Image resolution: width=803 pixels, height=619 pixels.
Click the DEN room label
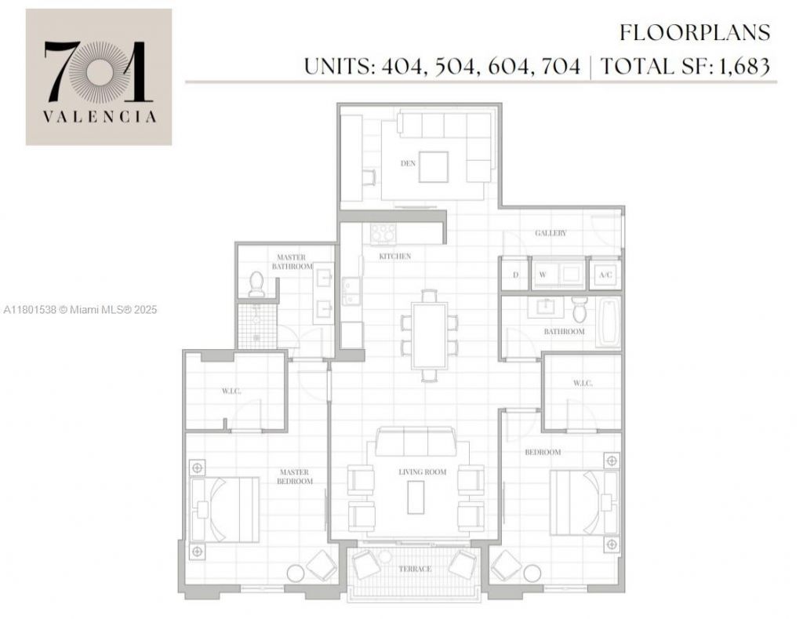pos(408,163)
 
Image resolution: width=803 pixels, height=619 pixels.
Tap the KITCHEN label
pos(394,257)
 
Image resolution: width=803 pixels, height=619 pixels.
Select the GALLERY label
pos(550,233)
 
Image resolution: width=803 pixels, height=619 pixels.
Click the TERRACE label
pos(413,569)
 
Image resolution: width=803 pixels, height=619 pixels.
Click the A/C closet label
pos(605,275)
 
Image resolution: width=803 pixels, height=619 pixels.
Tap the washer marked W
pos(542,275)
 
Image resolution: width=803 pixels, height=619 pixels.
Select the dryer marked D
pos(515,275)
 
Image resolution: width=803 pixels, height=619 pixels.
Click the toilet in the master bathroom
pos(256,284)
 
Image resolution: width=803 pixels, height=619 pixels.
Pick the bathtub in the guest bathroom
pos(608,322)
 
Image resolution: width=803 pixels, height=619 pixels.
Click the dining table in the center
pos(429,333)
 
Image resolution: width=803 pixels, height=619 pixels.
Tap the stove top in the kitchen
pos(383,233)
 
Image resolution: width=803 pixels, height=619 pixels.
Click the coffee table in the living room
pos(416,497)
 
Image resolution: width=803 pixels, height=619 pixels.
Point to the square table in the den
pos(433,167)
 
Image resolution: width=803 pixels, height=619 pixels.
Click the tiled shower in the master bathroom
pos(256,326)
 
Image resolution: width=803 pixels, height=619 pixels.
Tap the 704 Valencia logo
pos(99,77)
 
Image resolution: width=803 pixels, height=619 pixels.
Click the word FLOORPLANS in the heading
pos(695,33)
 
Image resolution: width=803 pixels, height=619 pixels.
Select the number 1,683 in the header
pos(740,66)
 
